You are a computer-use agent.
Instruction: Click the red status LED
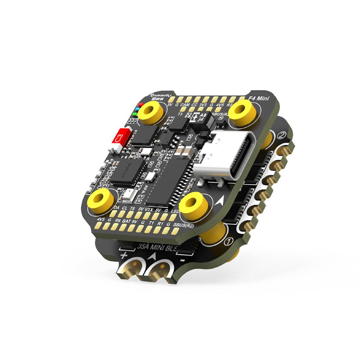[140, 105]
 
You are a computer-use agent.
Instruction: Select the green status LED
[135, 115]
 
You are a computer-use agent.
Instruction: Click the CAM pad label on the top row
[185, 104]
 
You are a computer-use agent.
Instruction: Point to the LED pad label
[175, 211]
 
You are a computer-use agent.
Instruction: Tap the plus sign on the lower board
[124, 256]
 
